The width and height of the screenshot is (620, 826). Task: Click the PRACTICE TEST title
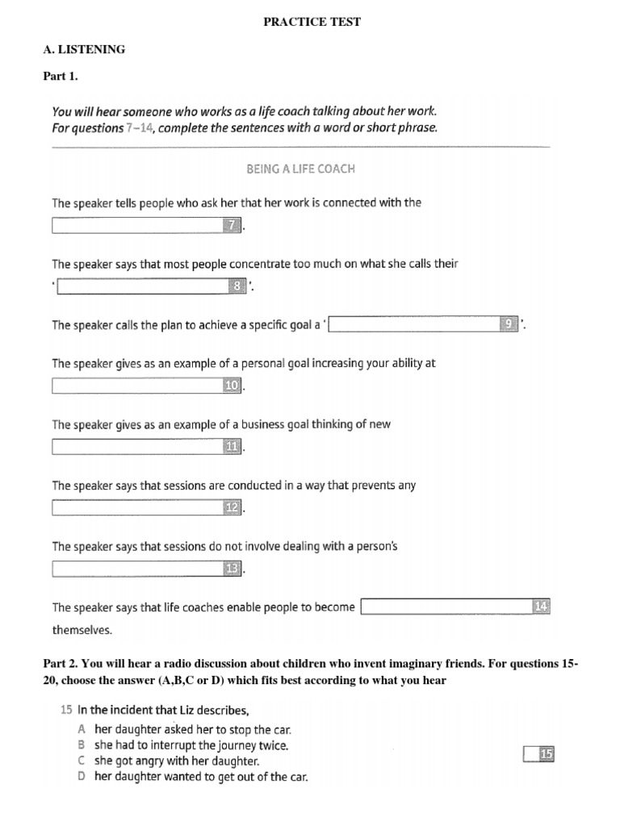(x=312, y=22)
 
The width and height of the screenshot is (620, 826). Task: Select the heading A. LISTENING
(x=84, y=49)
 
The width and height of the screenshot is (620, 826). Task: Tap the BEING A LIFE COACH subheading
(x=300, y=169)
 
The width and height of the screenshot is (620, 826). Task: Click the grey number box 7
(x=232, y=226)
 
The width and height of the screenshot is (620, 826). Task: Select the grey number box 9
(x=509, y=324)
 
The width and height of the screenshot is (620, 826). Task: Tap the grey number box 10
(x=232, y=386)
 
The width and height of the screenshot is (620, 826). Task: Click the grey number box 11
(x=232, y=447)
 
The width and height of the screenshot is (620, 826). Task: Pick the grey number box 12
(x=232, y=508)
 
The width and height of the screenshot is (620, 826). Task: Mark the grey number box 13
(x=232, y=569)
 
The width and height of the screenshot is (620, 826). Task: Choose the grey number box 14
(x=541, y=607)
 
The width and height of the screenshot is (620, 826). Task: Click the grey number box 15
(x=547, y=755)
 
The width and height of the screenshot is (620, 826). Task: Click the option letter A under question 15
(x=81, y=728)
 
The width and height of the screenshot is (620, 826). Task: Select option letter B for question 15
(x=81, y=745)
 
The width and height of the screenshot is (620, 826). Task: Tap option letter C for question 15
(x=81, y=761)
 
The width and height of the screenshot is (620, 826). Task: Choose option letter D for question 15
(x=81, y=777)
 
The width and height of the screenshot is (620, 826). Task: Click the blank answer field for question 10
(x=137, y=386)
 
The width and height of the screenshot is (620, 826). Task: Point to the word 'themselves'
(x=82, y=630)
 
